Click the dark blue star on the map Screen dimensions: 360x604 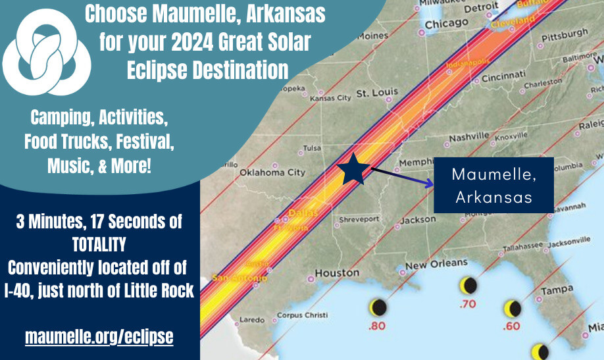(353, 170)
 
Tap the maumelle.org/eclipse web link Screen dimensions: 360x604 (99, 337)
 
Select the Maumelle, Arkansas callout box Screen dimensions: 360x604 (493, 186)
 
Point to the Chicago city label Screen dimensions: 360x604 (446, 24)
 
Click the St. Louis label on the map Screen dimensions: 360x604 (373, 93)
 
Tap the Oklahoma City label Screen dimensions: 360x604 (272, 172)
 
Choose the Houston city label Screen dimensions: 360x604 (337, 272)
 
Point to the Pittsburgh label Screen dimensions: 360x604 (563, 33)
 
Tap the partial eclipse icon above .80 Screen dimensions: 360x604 (378, 307)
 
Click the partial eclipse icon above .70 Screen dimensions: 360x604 (468, 286)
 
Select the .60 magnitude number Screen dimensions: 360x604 (511, 326)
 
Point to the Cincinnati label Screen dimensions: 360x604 (503, 78)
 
